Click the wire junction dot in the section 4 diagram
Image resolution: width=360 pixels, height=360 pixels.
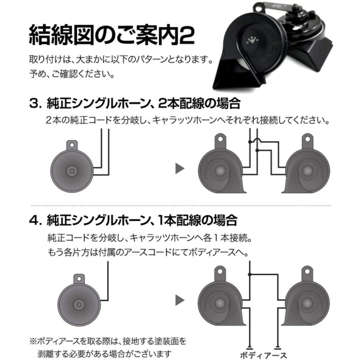click(x=250, y=274)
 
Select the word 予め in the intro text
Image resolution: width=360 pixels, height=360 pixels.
click(x=35, y=74)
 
